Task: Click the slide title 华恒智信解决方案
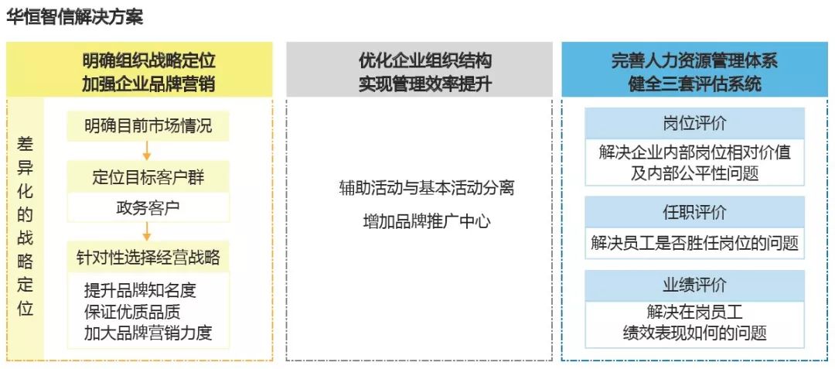click(75, 16)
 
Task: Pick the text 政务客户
click(148, 207)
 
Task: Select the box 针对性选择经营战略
click(148, 257)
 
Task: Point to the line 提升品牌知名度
click(140, 290)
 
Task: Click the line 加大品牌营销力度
click(148, 333)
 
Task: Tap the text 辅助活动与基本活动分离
click(426, 187)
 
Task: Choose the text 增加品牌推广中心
click(426, 221)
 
